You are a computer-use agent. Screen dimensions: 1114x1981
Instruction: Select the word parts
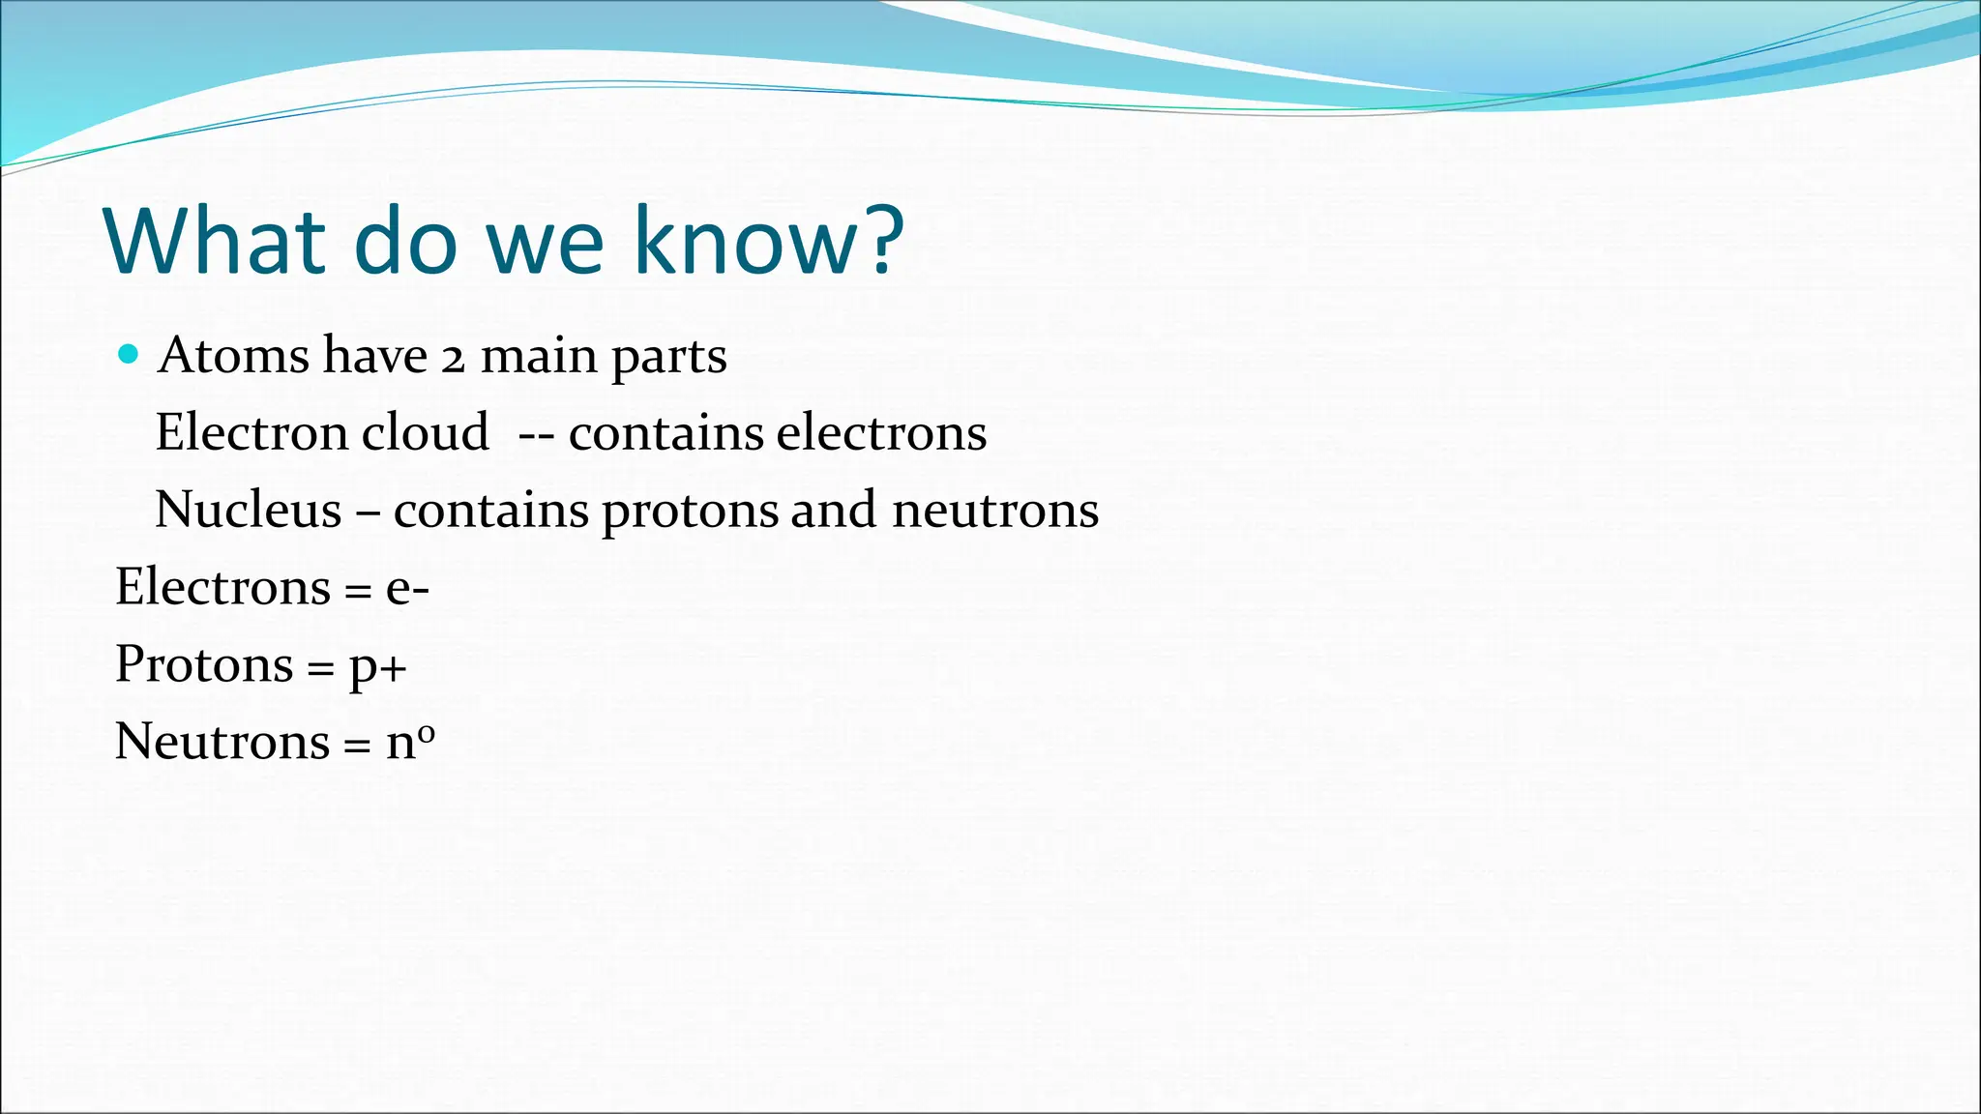click(668, 358)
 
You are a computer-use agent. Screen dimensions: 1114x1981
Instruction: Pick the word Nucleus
click(249, 510)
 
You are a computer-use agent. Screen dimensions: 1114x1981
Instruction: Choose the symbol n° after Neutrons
click(410, 742)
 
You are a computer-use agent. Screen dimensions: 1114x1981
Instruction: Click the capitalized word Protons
click(204, 664)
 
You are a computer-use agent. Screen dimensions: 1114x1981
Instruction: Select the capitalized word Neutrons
click(222, 742)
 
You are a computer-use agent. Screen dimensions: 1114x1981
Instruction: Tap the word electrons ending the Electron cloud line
click(881, 433)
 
